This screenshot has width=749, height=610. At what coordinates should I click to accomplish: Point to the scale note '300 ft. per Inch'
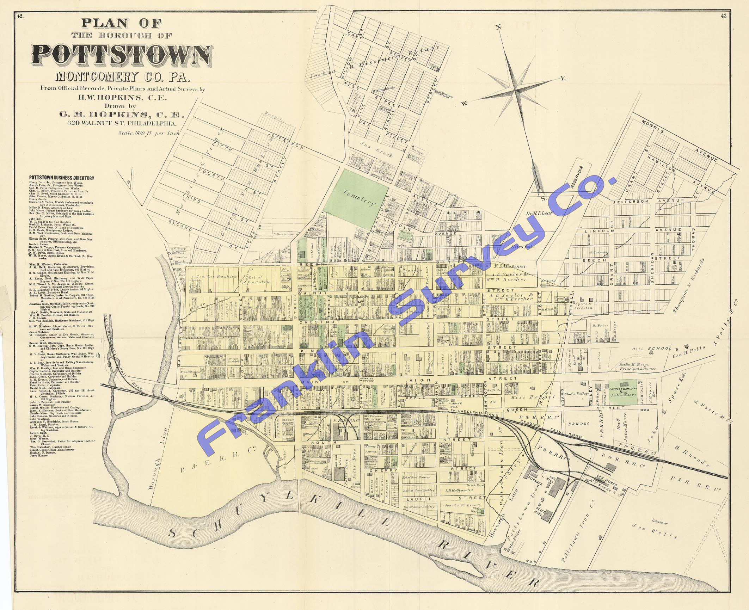149,133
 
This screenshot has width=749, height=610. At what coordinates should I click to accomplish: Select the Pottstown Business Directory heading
62,178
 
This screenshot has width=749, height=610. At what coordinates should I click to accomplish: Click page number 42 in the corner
20,16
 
